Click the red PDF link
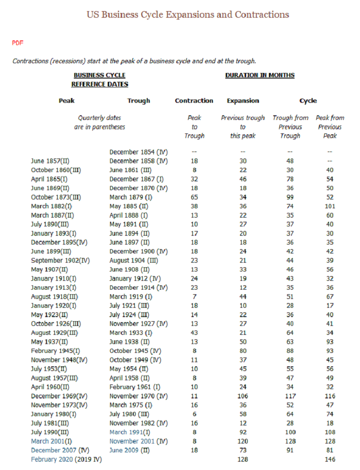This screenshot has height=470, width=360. point(18,43)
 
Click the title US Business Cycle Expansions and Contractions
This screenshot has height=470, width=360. point(188,14)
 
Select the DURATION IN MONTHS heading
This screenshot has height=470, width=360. point(260,75)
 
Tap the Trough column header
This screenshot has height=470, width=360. point(138,101)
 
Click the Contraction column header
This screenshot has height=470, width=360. point(194,101)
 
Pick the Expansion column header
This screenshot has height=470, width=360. point(242,101)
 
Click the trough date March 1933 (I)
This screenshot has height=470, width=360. point(131,333)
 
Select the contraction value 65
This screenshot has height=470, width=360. point(194,197)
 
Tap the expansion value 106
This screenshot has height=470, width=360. point(242,396)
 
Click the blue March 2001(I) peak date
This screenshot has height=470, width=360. point(52,441)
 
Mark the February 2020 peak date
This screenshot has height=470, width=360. point(52,459)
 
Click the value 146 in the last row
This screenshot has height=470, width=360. point(330,459)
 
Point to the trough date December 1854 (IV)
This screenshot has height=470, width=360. point(138,152)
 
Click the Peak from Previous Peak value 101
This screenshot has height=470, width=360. point(330,206)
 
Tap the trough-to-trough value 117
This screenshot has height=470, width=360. point(290,396)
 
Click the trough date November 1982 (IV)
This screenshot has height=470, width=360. point(138,423)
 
